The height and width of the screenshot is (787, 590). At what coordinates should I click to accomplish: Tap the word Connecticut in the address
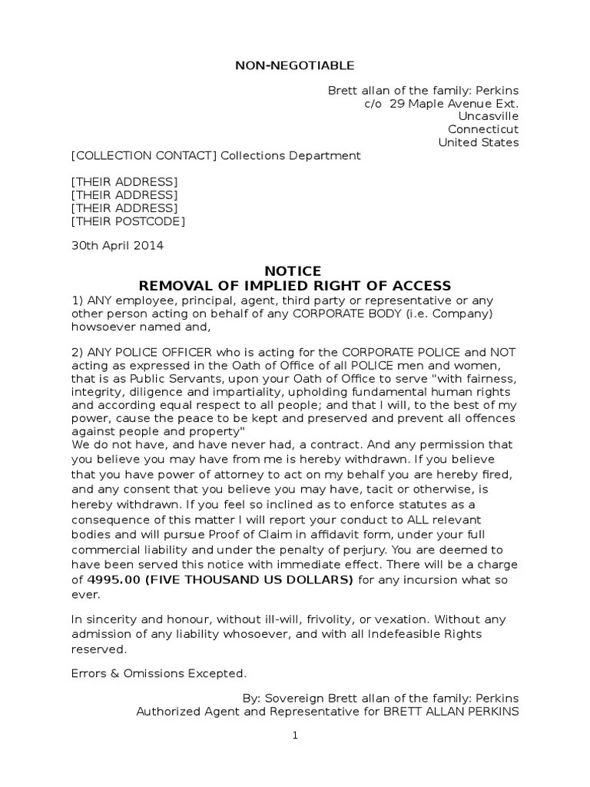[x=483, y=129]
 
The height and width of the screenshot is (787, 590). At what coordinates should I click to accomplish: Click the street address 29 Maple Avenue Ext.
[x=454, y=103]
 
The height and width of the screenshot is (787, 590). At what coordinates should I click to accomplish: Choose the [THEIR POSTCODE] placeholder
[x=128, y=221]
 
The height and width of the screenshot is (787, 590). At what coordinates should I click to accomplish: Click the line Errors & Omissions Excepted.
[x=160, y=673]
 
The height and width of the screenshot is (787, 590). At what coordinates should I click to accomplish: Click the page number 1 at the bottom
[x=294, y=736]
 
